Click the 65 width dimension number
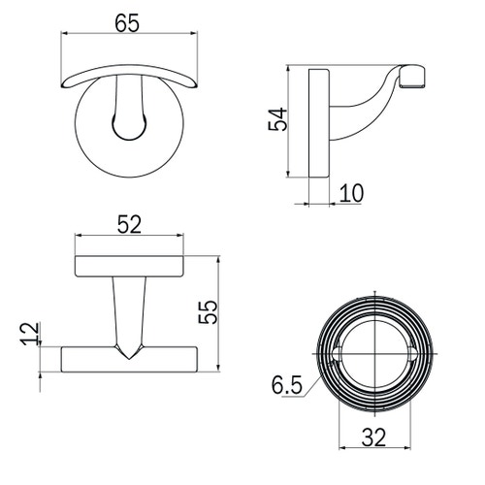point(127,23)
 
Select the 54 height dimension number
point(277,119)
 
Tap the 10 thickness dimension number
point(351,193)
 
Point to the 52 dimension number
point(129,224)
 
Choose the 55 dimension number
point(208,312)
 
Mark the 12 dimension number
point(31,334)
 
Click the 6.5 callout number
point(287,385)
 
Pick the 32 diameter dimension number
point(373,437)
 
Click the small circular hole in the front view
point(129,126)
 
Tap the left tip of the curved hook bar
point(62,85)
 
